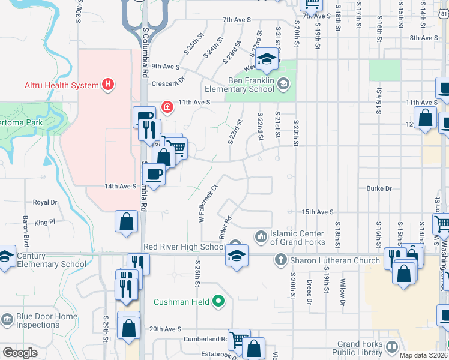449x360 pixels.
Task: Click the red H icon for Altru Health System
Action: tap(108, 85)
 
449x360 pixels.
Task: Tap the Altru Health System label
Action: tap(62, 85)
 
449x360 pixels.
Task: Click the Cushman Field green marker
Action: tap(218, 301)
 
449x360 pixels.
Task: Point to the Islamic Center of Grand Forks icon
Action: tap(261, 234)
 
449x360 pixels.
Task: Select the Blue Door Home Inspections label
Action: tap(47, 320)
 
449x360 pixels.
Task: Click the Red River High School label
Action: tap(184, 247)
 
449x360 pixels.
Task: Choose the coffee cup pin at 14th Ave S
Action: tap(155, 175)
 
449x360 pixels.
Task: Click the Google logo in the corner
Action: tap(20, 353)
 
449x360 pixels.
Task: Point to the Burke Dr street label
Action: tap(379, 188)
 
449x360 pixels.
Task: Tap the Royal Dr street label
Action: tap(44, 203)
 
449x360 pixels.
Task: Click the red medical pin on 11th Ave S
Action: tap(166, 108)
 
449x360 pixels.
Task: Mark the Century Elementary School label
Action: tap(51, 260)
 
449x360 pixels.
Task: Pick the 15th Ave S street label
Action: tap(317, 212)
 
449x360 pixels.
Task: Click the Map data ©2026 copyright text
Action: tap(424, 355)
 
